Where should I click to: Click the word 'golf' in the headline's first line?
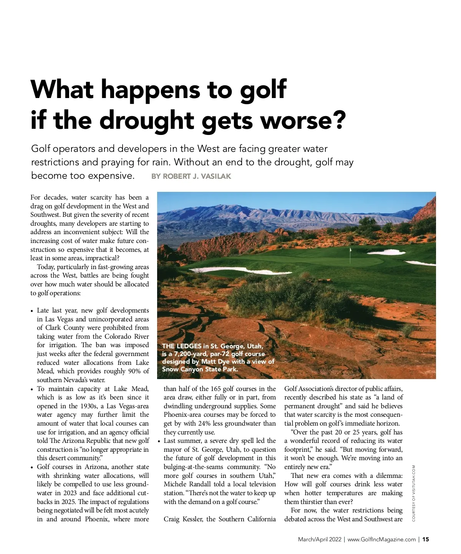click(264, 89)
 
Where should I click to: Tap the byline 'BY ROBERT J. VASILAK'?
click(191, 176)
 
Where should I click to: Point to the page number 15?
click(426, 539)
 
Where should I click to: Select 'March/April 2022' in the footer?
click(320, 539)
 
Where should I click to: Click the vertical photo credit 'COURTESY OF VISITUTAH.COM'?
click(414, 493)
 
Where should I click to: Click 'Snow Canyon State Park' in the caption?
click(199, 369)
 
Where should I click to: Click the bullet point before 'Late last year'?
click(32, 311)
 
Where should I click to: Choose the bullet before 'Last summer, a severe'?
click(159, 441)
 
